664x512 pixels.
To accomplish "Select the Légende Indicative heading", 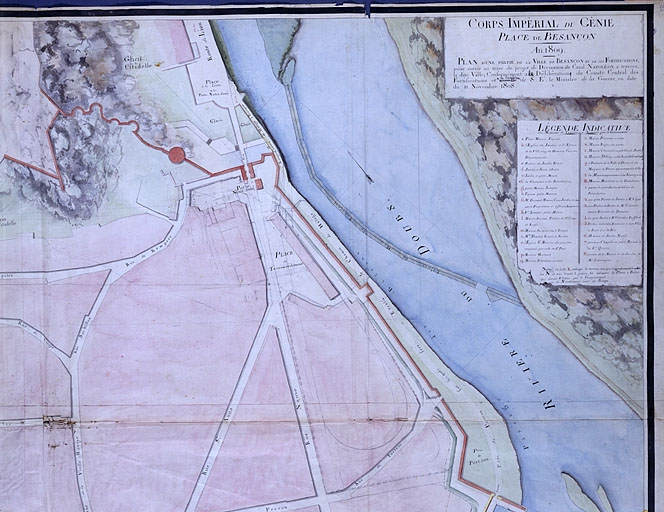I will [x=579, y=128].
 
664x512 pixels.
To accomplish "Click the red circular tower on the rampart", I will [x=176, y=155].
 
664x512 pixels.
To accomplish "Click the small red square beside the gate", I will [x=259, y=184].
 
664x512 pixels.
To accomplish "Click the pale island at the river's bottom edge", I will [x=585, y=496].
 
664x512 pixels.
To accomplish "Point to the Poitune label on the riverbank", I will [x=475, y=459].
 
